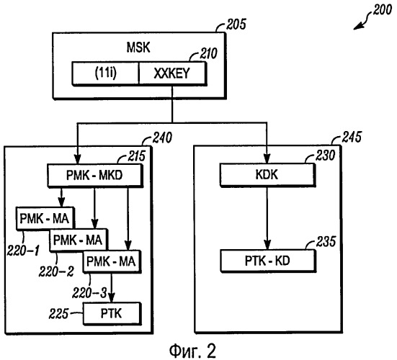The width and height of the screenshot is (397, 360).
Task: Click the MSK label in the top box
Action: pos(138,48)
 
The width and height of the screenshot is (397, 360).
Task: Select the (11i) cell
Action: pos(106,73)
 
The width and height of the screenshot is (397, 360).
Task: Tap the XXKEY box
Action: pos(172,73)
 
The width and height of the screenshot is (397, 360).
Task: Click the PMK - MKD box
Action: pos(94,175)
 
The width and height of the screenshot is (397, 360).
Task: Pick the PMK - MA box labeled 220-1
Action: pos(45,218)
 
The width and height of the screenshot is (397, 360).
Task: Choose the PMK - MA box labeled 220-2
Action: pos(79,240)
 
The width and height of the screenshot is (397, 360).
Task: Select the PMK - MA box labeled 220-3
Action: pos(112,261)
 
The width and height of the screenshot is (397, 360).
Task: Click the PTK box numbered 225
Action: pos(112,313)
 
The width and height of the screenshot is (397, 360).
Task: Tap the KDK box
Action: pos(267,175)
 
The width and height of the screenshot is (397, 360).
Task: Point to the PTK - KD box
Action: pos(268,261)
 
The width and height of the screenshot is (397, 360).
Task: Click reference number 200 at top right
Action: pos(383,10)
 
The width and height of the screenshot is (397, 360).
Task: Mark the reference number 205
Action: pos(236,24)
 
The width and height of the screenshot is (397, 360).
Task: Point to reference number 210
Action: pos(208,53)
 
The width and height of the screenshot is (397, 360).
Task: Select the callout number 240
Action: pos(162,138)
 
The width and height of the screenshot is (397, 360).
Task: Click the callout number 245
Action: pos(352,137)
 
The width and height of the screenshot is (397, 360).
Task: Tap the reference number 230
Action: pos(326,155)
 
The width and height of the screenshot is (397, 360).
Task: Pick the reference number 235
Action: pos(326,241)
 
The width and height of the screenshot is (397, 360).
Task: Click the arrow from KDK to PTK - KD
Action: pos(267,218)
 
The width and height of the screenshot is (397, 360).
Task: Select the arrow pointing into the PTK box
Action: pos(112,288)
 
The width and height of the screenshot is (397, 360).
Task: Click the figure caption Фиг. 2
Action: pos(192,351)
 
